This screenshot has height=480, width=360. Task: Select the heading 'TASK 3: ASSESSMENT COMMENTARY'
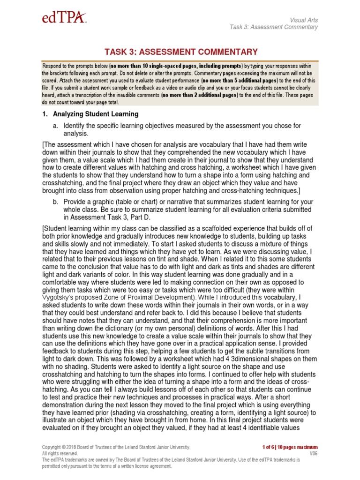[180, 52]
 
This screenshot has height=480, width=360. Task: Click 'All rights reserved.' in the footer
[60, 454]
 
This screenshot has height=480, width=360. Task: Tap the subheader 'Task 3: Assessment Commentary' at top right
[274, 27]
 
